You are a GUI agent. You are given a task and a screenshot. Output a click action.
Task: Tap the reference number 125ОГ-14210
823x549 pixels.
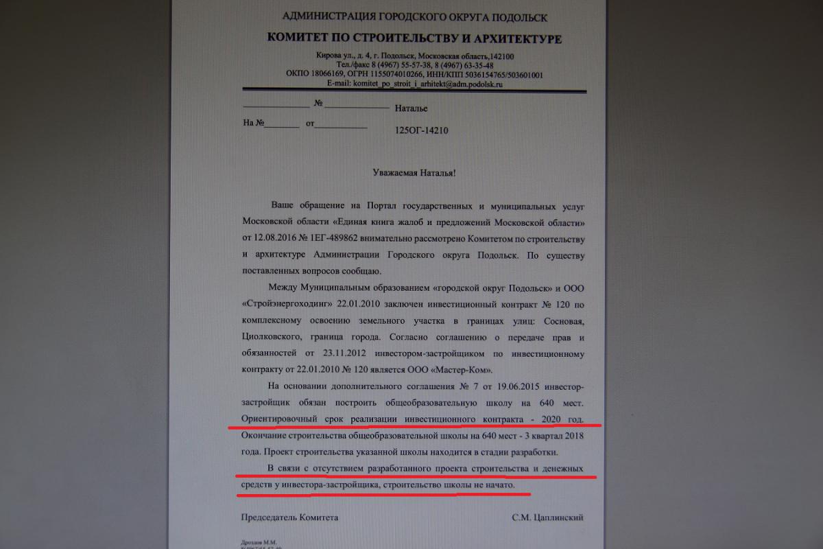(422, 129)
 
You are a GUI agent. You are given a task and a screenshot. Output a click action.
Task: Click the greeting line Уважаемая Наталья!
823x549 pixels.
(412, 173)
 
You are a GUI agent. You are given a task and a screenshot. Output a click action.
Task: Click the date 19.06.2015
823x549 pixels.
(507, 387)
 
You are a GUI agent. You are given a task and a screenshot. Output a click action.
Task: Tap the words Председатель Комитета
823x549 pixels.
(289, 517)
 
